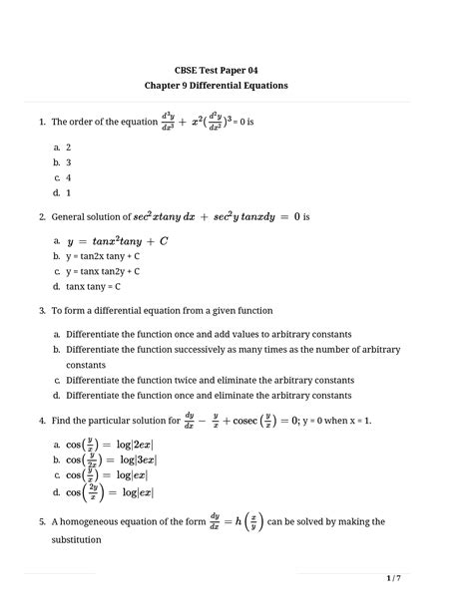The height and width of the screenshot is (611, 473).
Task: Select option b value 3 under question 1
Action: [x=69, y=161]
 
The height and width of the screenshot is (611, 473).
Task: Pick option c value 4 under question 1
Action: [x=69, y=176]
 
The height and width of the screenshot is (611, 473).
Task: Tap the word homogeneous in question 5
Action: [x=100, y=522]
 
